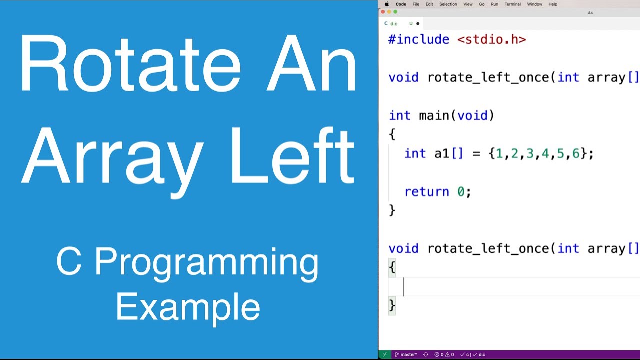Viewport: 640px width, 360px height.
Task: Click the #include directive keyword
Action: [x=419, y=40]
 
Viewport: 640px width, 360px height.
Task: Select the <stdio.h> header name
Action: [x=491, y=40]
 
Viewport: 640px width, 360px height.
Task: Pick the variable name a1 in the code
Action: [x=442, y=154]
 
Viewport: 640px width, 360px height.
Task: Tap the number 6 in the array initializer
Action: [x=576, y=154]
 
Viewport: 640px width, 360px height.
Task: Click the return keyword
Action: [x=426, y=192]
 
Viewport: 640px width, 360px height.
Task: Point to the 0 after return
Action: [x=461, y=192]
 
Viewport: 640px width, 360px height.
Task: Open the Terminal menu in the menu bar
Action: [x=512, y=4]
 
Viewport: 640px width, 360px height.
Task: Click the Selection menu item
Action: [x=448, y=4]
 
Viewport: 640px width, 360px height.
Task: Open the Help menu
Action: [x=553, y=4]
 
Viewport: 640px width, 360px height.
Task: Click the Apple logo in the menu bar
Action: [x=387, y=4]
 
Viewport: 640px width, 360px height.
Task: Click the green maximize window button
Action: [x=395, y=12]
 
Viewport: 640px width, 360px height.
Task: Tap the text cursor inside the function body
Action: [x=404, y=287]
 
